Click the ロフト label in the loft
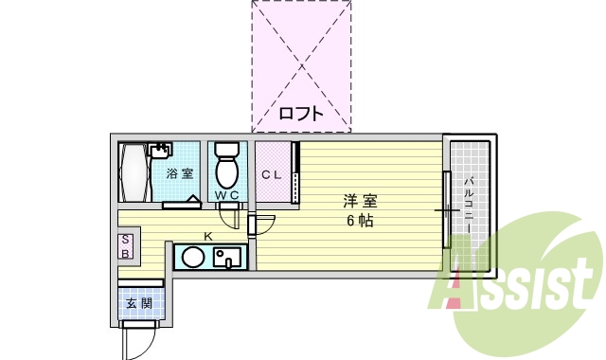click(x=301, y=115)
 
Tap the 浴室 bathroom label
click(x=180, y=173)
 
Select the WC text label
click(x=226, y=196)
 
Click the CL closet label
click(x=272, y=174)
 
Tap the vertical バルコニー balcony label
click(x=468, y=203)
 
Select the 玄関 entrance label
click(x=139, y=304)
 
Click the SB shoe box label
click(x=125, y=246)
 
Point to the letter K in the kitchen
click(x=207, y=235)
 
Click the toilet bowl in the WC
click(x=226, y=170)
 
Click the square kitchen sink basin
click(x=228, y=257)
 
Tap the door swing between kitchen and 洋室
click(x=263, y=225)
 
